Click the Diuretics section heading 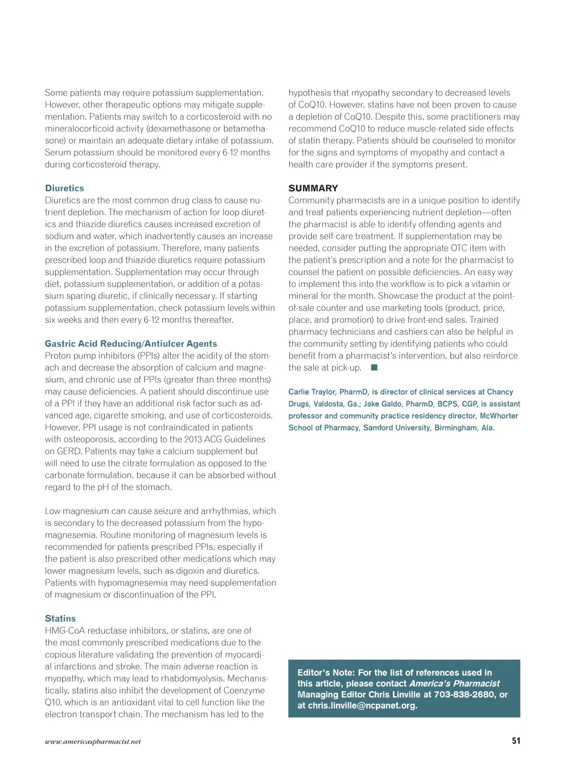click(64, 188)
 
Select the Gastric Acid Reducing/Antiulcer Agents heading click(131, 344)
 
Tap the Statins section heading click(60, 619)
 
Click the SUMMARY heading click(313, 188)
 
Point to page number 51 click(516, 741)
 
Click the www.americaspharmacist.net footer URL click(93, 742)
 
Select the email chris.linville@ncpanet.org click(362, 706)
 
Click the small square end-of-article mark click(374, 368)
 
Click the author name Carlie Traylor click(311, 392)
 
